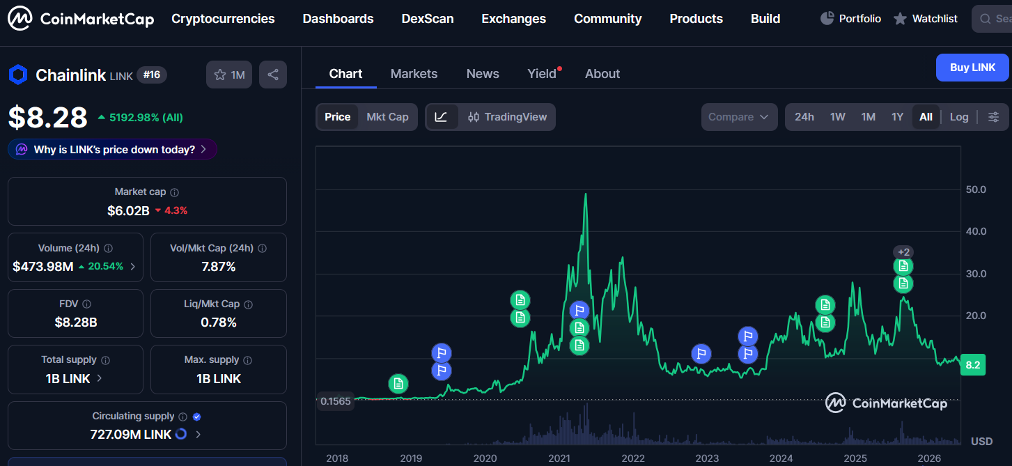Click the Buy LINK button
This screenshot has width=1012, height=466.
(x=972, y=68)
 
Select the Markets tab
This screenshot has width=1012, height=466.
(x=414, y=74)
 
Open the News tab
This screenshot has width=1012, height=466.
(x=483, y=74)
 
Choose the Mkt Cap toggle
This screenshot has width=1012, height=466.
(x=387, y=117)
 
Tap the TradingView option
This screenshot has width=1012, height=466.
(x=507, y=117)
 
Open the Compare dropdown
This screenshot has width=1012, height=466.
(x=739, y=117)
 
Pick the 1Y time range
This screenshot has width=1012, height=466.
(x=897, y=117)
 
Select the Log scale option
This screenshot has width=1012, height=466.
(x=958, y=117)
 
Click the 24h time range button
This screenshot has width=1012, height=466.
(x=804, y=117)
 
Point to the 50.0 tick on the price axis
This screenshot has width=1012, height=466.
(x=976, y=189)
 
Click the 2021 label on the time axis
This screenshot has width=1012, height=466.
(x=559, y=458)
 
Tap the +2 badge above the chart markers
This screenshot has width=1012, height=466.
(x=903, y=251)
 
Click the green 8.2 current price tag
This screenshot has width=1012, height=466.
(x=973, y=365)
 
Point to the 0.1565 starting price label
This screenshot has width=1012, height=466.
(x=335, y=401)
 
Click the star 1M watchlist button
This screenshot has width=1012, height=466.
(x=229, y=75)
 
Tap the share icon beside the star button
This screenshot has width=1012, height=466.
(x=273, y=75)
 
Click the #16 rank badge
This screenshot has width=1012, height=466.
(x=152, y=75)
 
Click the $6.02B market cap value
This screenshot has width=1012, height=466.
(x=128, y=210)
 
